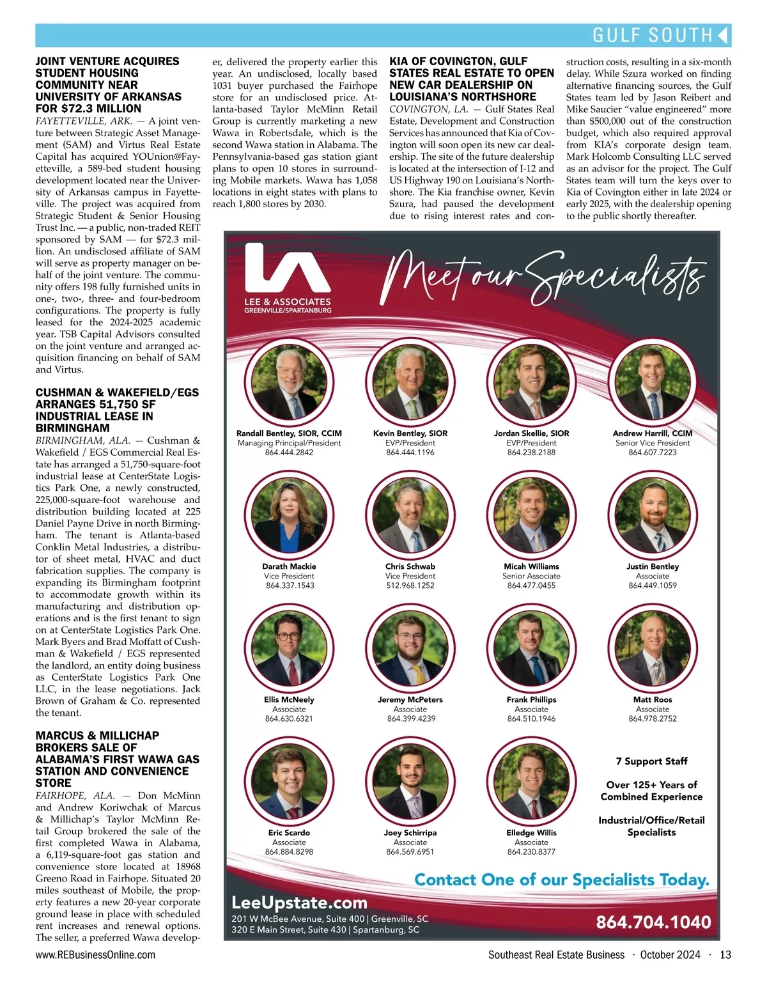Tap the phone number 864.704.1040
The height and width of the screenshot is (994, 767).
[x=653, y=922]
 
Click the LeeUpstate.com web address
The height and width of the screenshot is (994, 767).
[x=299, y=903]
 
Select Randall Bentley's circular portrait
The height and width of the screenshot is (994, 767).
[x=289, y=382]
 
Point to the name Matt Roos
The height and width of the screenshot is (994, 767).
[x=653, y=699]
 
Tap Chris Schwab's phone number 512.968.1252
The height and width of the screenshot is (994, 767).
[x=410, y=586]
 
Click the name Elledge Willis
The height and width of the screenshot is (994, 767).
[x=531, y=833]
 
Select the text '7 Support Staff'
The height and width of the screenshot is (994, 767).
[x=651, y=761]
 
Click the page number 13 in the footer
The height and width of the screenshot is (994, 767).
[x=725, y=955]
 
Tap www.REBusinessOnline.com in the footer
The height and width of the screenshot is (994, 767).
[x=95, y=955]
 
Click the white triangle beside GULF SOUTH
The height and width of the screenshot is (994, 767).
[x=723, y=35]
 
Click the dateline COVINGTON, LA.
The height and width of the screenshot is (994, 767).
[x=428, y=109]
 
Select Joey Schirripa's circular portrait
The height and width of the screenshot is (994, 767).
[x=410, y=781]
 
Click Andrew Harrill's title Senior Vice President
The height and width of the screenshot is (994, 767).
[x=653, y=443]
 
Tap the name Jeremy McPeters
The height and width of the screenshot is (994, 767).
[x=410, y=699]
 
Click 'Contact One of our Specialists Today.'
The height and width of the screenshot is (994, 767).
[x=562, y=880]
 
